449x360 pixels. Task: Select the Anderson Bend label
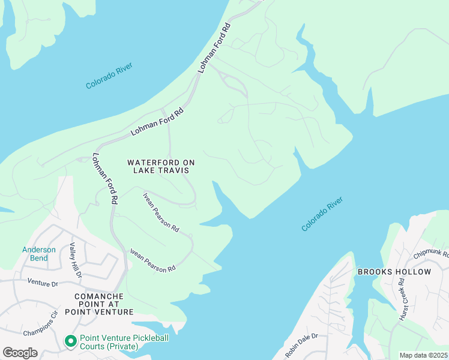coord(39,254)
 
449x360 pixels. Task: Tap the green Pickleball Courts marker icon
coord(70,341)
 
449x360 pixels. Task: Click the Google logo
coord(20,352)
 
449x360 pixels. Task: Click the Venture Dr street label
coord(42,283)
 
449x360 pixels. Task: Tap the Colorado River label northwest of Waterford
coord(109,76)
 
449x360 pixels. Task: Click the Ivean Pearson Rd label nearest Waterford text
coord(161,212)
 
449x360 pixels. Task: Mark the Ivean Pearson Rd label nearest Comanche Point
coord(153,259)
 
